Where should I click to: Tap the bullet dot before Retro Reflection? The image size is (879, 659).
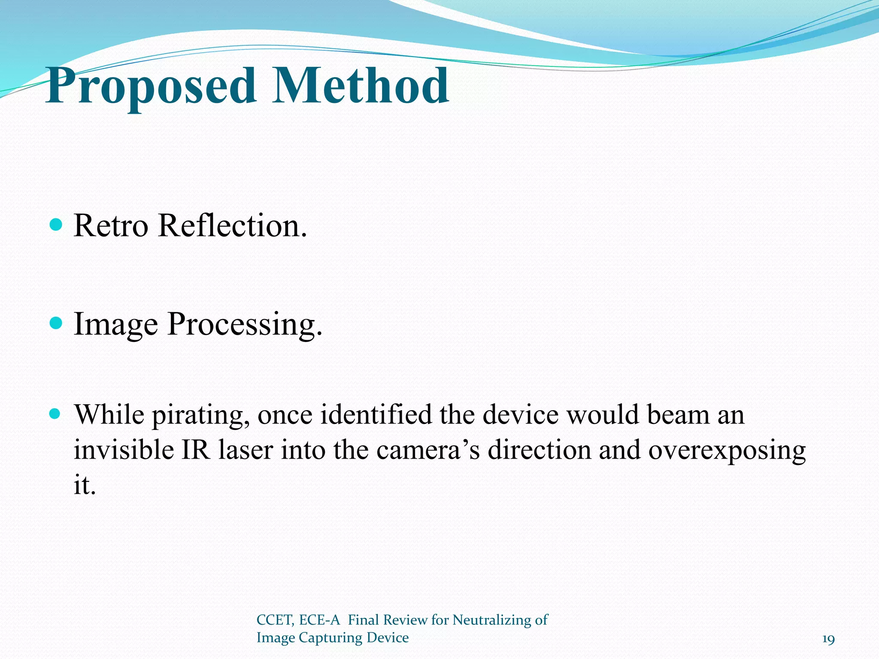coord(56,224)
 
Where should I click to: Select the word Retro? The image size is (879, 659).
coord(111,226)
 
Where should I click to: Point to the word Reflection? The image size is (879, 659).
coord(232,226)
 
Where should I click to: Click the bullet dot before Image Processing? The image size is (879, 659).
coord(56,323)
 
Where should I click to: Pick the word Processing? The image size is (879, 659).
coord(245,324)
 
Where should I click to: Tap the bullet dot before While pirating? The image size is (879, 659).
coord(56,414)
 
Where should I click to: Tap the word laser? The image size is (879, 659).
coord(246,450)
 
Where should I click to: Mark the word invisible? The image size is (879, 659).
coord(124,450)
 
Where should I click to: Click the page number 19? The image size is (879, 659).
coord(828,640)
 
